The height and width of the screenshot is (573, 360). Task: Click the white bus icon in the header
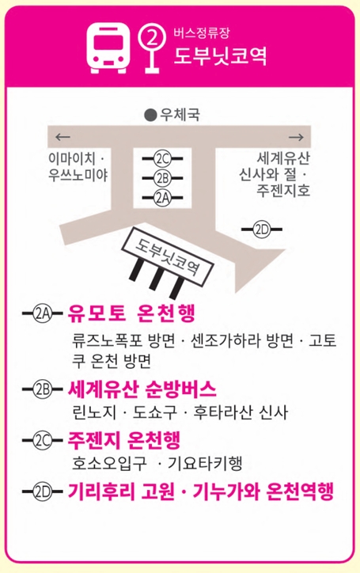coord(108,47)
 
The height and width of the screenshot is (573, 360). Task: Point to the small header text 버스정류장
coord(202,33)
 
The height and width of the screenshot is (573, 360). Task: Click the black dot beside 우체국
coord(150,115)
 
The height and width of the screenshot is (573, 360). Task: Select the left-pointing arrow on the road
coord(63,137)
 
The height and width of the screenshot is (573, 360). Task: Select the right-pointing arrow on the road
coord(296,137)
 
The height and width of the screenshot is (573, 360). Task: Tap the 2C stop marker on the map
coord(163,158)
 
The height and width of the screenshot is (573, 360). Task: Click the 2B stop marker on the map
coord(163,178)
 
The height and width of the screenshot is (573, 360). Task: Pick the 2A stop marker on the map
coord(163,197)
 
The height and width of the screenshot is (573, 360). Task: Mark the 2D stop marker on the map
coord(262,230)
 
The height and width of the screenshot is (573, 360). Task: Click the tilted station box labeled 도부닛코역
coord(168,257)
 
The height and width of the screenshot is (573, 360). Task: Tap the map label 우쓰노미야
coord(78,176)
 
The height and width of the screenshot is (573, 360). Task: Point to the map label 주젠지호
coord(283,190)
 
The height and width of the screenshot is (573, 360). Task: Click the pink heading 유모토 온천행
coord(131,313)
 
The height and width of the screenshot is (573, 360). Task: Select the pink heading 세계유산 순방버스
coord(142,389)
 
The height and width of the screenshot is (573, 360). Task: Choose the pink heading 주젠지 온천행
coord(124,440)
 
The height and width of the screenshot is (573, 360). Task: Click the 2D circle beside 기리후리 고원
coord(43,491)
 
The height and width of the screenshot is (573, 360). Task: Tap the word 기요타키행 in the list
coord(205,464)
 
